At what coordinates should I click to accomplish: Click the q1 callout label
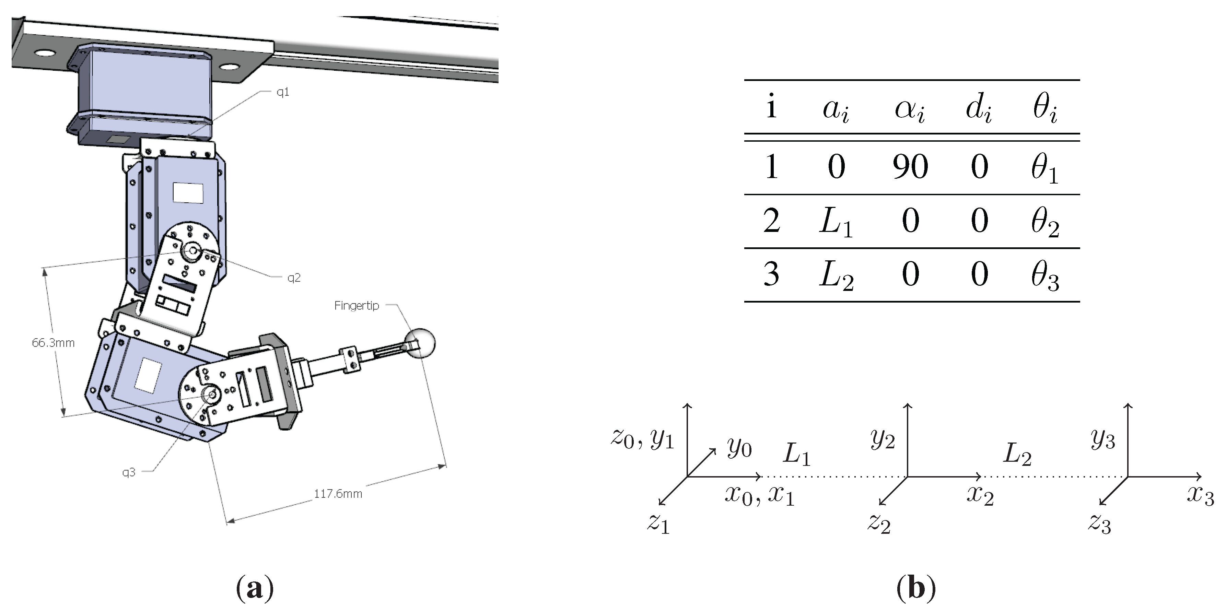click(x=283, y=92)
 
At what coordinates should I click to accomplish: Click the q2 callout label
click(x=294, y=278)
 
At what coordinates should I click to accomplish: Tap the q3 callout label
click(x=128, y=472)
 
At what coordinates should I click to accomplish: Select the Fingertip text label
click(x=357, y=306)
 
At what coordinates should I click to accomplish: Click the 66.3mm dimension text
click(x=53, y=343)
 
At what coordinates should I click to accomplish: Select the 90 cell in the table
click(x=910, y=167)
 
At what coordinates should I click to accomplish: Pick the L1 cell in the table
click(x=836, y=222)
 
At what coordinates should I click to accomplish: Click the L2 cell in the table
click(x=836, y=275)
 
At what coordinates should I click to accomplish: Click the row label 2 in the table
click(x=771, y=221)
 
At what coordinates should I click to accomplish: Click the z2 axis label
click(x=878, y=523)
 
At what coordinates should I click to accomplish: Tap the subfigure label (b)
click(x=916, y=589)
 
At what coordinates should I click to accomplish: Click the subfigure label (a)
click(x=255, y=589)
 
